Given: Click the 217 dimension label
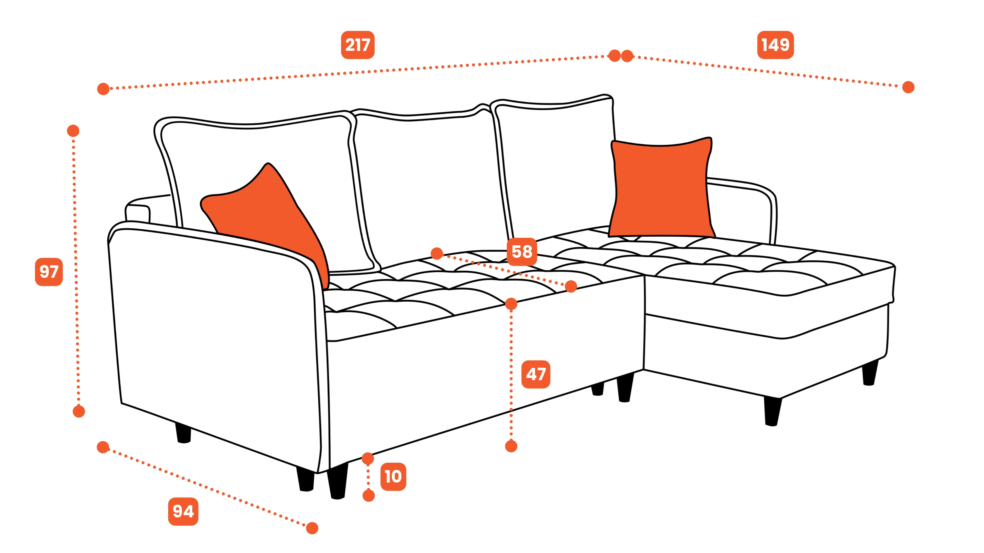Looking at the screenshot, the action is tap(357, 45).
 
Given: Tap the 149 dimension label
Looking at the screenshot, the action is tap(775, 45).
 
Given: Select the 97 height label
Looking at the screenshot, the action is tap(49, 272).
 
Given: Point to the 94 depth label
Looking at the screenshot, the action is tap(183, 512).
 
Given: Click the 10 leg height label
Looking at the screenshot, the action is tap(393, 477).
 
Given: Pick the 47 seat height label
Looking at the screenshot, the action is tap(536, 374).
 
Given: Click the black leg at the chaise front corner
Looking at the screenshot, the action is tap(772, 411).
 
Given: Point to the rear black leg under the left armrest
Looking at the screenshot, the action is tap(183, 433).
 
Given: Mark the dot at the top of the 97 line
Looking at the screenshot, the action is tap(73, 131).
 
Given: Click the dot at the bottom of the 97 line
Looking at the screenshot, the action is tap(79, 411).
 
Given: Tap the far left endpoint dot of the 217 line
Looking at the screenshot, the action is tap(103, 89).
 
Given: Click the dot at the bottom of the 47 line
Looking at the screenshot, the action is tap(511, 446).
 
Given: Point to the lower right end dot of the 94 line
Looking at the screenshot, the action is tap(312, 528).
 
